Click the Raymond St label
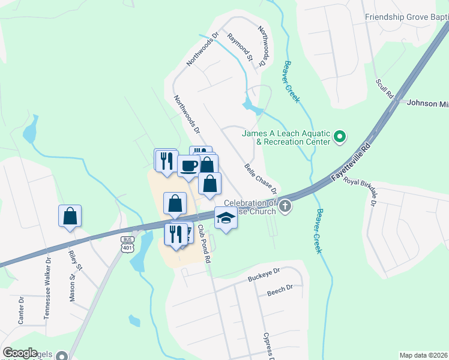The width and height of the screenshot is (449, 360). point(239,47)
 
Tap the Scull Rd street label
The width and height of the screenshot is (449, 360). point(384,88)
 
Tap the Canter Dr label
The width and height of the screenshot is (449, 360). point(21,310)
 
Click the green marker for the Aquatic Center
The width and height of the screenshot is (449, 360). point(340,137)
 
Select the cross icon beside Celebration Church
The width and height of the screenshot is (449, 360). point(285,207)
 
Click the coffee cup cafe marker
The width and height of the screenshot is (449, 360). point(188,166)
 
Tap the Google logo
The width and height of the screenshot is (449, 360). point(20,353)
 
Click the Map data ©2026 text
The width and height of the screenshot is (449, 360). point(424,355)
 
